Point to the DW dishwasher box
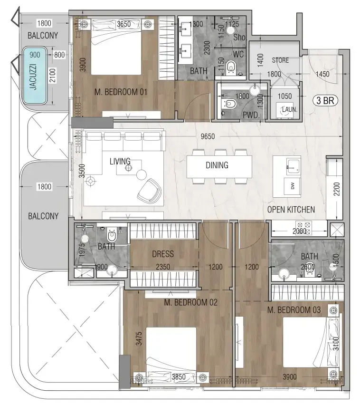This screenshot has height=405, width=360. tap(293, 187)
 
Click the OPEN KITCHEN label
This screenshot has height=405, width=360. tap(291, 210)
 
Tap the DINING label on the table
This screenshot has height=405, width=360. tap(217, 165)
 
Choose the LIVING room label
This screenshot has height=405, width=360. tap(120, 162)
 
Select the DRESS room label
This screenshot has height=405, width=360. tap(162, 254)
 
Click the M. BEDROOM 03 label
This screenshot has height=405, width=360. tap(294, 310)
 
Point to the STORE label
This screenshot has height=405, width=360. tap(280, 60)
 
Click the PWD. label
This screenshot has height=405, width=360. tap(250, 115)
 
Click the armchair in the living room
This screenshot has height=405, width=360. tap(149, 189)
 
